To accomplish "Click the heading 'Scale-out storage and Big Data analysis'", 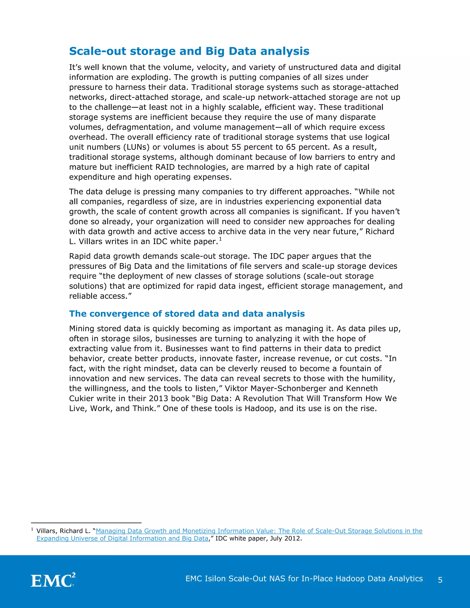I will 189,51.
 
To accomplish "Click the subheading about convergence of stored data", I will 187,314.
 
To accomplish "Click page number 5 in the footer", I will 440,580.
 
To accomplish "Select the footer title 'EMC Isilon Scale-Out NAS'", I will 304,579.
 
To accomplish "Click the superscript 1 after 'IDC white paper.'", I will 220,239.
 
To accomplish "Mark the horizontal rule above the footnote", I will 86,523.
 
